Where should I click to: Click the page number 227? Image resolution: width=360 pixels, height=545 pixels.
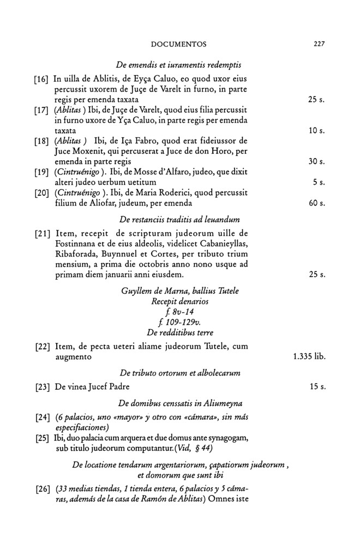point(319,44)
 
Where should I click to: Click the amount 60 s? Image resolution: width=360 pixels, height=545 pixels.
point(316,203)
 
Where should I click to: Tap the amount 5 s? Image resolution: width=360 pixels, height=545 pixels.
point(320,183)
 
